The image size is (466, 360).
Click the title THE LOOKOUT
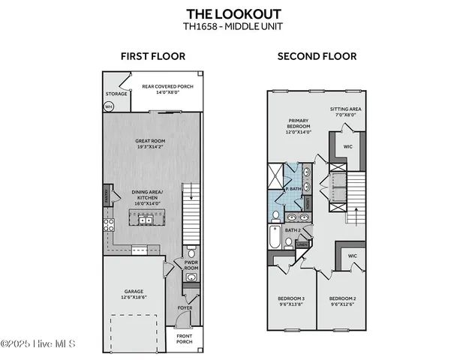[x=233, y=13]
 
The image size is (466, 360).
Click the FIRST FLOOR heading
[x=153, y=56]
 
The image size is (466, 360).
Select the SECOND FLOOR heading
[x=317, y=56]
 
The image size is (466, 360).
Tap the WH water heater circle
[x=109, y=106]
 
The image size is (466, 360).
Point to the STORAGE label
[x=116, y=94]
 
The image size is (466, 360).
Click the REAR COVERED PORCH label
[x=167, y=86]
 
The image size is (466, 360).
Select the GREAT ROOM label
[x=151, y=140]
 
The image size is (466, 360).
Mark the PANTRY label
[x=107, y=196]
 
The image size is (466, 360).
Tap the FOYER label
[x=184, y=307]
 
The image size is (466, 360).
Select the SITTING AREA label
[x=346, y=109]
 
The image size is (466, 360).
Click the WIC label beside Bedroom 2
[x=352, y=256]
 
